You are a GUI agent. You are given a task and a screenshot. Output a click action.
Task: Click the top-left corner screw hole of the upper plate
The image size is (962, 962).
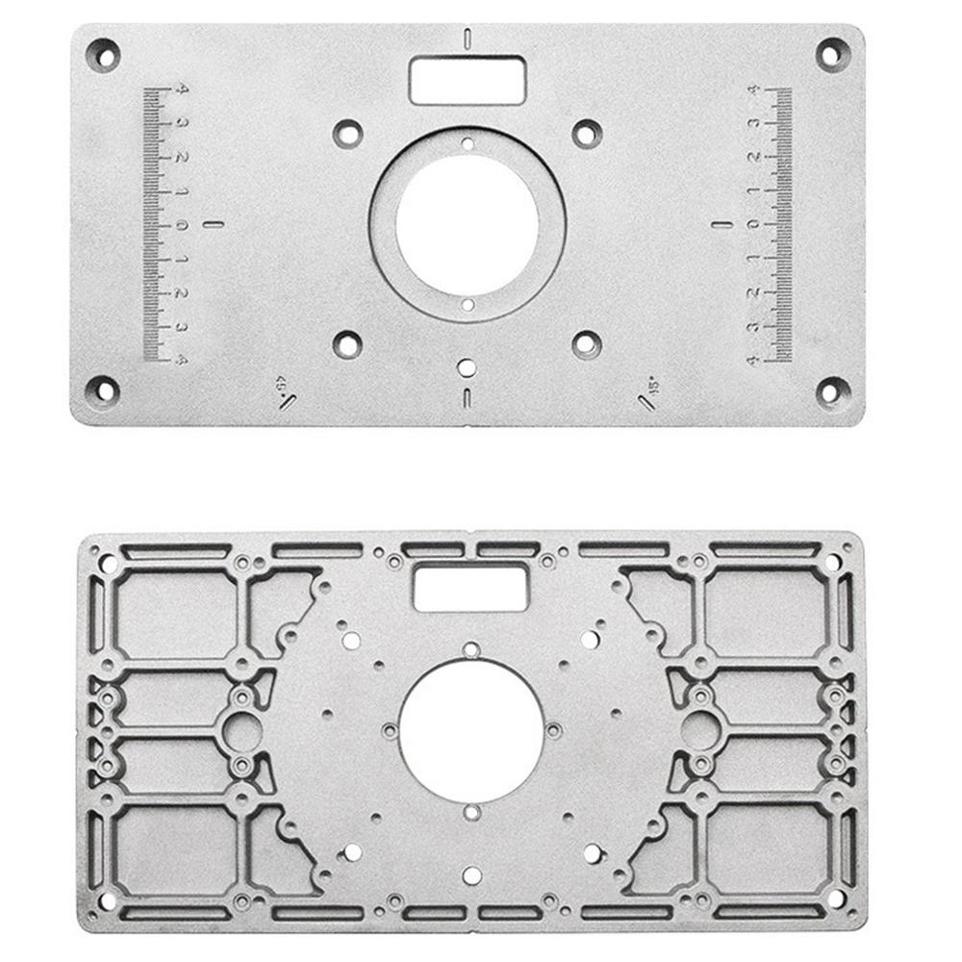click(x=102, y=54)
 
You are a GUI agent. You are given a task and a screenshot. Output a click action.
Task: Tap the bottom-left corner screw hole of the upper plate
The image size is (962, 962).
click(x=102, y=391)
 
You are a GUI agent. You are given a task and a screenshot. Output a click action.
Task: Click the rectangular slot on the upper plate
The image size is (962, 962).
click(x=467, y=78)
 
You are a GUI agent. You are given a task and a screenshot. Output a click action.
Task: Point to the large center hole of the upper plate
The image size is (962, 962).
click(x=467, y=223)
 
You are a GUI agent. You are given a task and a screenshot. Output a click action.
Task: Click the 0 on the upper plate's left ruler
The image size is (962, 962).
click(x=181, y=226)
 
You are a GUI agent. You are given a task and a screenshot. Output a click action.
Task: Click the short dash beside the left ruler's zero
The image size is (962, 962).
click(x=214, y=225)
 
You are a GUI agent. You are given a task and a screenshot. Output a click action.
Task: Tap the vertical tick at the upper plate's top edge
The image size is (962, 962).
click(x=467, y=39)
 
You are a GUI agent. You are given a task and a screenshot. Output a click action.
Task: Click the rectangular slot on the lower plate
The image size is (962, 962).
click(x=469, y=587)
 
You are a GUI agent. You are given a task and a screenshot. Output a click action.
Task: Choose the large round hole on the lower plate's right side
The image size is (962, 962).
click(x=700, y=732)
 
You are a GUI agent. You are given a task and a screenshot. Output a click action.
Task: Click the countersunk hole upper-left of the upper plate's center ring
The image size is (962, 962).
click(x=347, y=133)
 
